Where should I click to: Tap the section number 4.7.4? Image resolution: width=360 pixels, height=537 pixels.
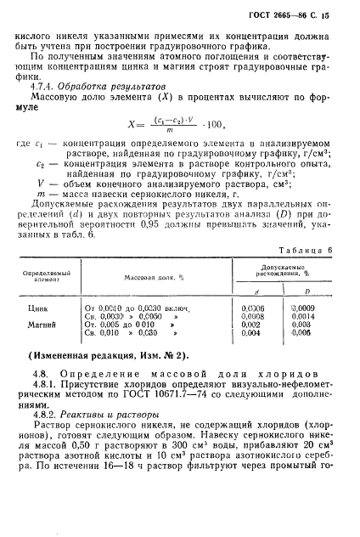43,87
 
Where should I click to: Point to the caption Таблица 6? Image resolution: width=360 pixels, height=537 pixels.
304,247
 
